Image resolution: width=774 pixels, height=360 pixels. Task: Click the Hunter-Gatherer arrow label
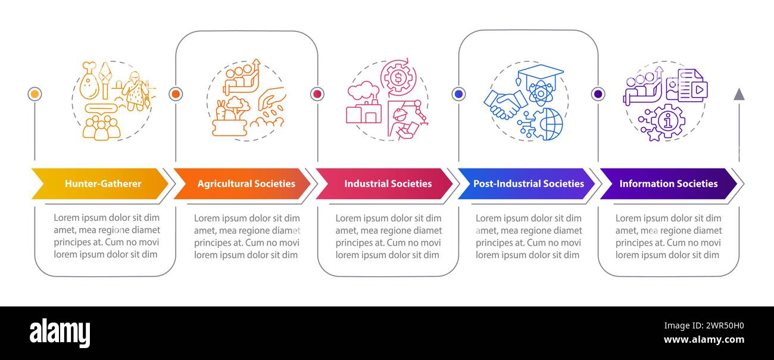pyautogui.click(x=103, y=183)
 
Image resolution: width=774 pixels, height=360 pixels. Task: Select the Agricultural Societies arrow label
pyautogui.click(x=246, y=183)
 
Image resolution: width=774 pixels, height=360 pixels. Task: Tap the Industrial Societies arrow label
pyautogui.click(x=388, y=183)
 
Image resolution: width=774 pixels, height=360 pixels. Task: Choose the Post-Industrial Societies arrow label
pyautogui.click(x=529, y=183)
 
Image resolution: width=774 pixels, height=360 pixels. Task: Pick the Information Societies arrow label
pyautogui.click(x=669, y=183)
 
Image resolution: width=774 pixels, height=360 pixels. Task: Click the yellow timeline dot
pyautogui.click(x=35, y=94)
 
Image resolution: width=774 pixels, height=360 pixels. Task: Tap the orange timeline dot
pyautogui.click(x=176, y=94)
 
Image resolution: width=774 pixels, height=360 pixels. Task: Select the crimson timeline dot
pyautogui.click(x=317, y=94)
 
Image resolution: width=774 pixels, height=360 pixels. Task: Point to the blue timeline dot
pyautogui.click(x=458, y=94)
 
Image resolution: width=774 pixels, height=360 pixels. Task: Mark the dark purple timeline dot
pyautogui.click(x=598, y=94)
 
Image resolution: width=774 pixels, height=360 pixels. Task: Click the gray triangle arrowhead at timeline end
pyautogui.click(x=739, y=95)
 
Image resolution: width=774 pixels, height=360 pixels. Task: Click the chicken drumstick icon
pyautogui.click(x=89, y=81)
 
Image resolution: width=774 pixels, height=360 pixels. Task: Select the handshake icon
pyautogui.click(x=504, y=104)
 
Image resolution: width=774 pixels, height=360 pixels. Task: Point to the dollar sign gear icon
pyautogui.click(x=398, y=77)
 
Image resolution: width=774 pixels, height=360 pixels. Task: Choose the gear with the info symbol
pyautogui.click(x=667, y=121)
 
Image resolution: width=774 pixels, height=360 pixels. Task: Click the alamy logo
pyautogui.click(x=60, y=333)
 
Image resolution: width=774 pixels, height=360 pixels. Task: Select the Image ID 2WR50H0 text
pyautogui.click(x=704, y=325)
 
